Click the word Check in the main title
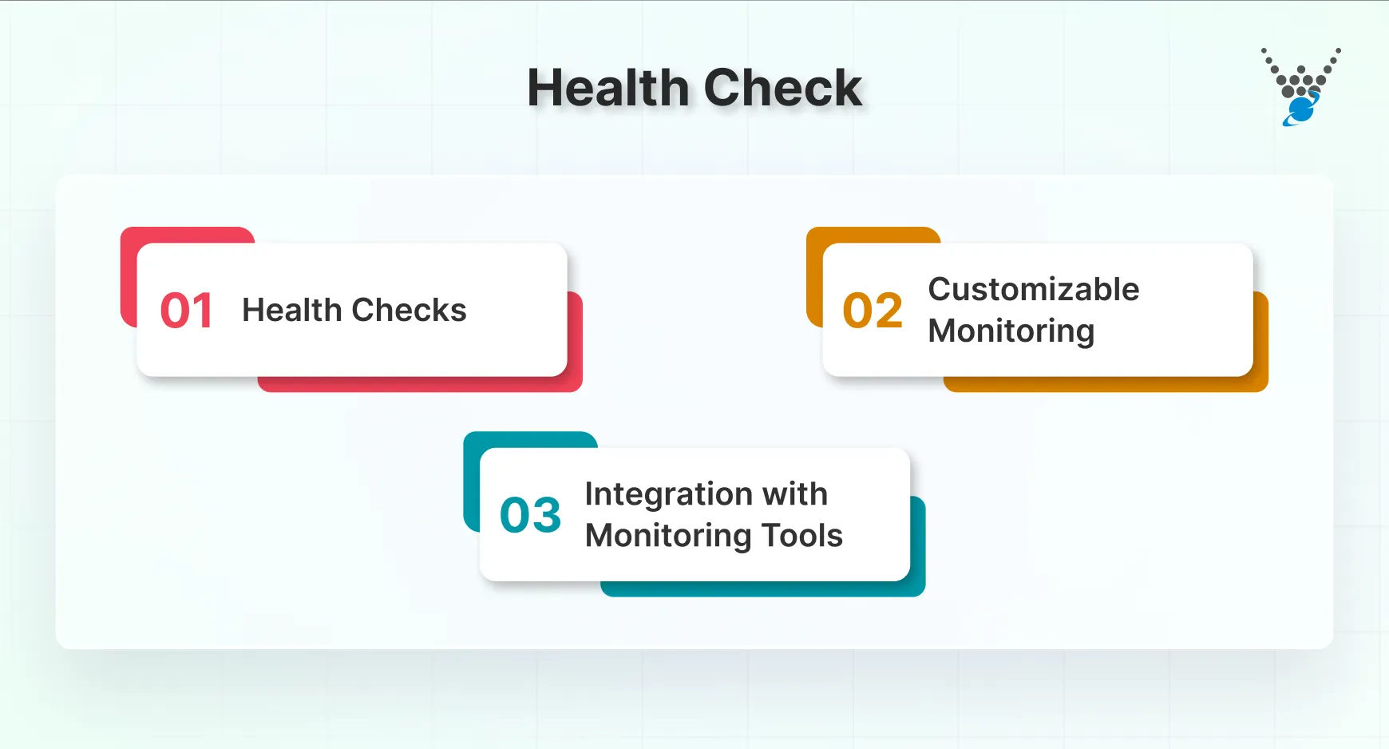pos(782,88)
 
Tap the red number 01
pos(186,311)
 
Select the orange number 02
pos(873,311)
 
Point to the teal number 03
pos(530,515)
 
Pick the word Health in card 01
pos(291,310)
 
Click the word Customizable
pos(1034,289)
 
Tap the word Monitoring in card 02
pos(1011,331)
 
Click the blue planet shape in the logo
pos(1301,110)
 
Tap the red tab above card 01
pos(187,235)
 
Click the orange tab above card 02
pos(873,235)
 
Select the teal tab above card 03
pos(530,439)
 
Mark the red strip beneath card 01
pos(420,384)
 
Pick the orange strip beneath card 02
pos(1106,384)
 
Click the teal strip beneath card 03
pos(762,589)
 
